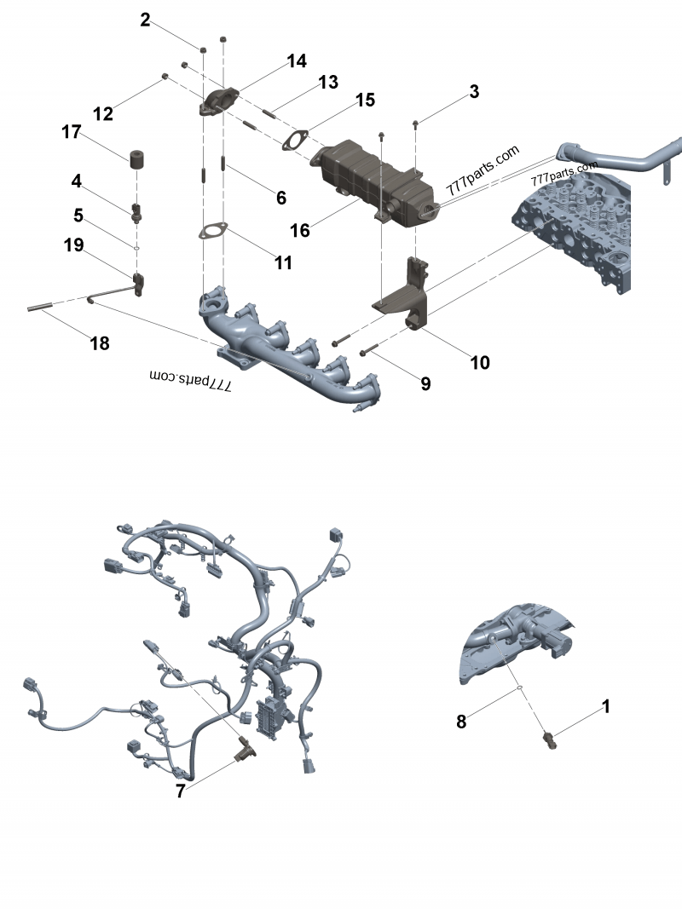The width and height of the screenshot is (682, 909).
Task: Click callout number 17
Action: [x=71, y=132]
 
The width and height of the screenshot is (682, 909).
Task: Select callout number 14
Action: [x=297, y=60]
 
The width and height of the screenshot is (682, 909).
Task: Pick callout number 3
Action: [x=474, y=92]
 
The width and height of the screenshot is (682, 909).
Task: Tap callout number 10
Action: [x=480, y=362]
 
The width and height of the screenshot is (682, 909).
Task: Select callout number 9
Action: [x=425, y=383]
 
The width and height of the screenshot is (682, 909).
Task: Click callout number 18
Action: [x=100, y=343]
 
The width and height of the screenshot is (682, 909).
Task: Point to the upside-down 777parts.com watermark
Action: [x=192, y=377]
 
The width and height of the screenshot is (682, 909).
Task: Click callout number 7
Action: [x=180, y=791]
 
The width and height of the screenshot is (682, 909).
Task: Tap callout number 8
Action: [x=461, y=722]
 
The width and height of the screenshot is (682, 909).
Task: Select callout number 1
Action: [x=606, y=706]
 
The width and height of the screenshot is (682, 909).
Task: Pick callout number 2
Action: [x=146, y=20]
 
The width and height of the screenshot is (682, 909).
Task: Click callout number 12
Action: [x=103, y=113]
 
